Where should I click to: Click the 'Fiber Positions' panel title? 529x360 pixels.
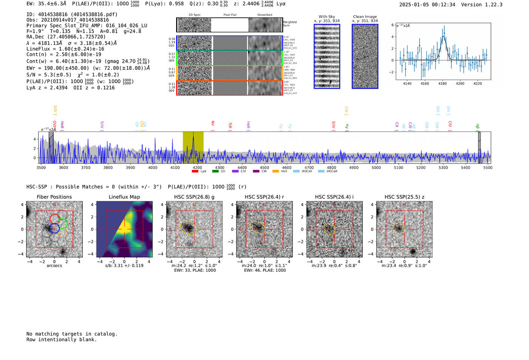[54, 197]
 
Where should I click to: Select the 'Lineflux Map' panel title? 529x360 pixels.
[124, 197]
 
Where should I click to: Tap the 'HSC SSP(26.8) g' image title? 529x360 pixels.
[194, 197]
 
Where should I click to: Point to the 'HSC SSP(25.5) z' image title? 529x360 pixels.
[404, 197]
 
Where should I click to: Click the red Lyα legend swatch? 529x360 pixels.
[195, 172]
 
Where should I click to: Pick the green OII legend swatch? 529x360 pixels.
[215, 172]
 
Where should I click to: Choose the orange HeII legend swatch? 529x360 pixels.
[276, 172]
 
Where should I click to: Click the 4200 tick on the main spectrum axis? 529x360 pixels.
[197, 168]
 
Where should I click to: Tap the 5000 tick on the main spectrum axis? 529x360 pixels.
[376, 168]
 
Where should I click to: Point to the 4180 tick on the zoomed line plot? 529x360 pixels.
[442, 83]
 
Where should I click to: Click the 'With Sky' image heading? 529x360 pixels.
[327, 17]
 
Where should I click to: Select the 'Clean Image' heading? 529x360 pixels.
[365, 17]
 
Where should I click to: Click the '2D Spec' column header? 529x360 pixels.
[195, 15]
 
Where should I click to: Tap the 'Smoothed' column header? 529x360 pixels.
[264, 15]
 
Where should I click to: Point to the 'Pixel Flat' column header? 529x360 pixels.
[230, 15]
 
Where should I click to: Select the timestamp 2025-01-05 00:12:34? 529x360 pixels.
[427, 5]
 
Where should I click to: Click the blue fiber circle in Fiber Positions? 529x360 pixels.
[54, 228]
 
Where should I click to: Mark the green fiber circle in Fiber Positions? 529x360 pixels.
[62, 223]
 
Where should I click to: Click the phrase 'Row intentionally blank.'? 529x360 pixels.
[62, 340]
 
